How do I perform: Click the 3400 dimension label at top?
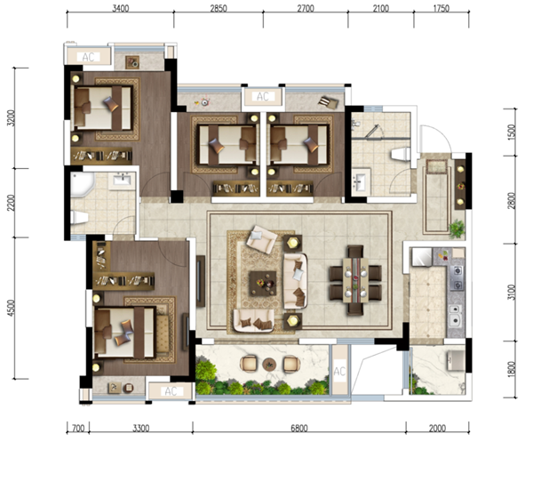coord(121,8)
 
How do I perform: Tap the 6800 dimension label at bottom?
coord(299,428)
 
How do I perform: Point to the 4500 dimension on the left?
coord(12,308)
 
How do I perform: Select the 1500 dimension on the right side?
coord(512,132)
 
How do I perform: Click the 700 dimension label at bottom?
coord(78,428)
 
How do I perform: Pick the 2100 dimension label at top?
coord(381,8)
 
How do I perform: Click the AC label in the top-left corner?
coord(88,57)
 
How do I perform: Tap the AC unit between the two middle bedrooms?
coord(263,97)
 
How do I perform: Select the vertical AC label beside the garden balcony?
coord(339,371)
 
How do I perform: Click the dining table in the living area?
coord(355,280)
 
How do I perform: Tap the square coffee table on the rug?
coord(262,283)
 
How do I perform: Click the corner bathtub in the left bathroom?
coord(83,184)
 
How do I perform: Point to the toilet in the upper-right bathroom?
coord(401,154)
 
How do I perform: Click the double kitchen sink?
coord(455,316)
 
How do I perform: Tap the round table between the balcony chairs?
coord(269,365)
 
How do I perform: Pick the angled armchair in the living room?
coord(261,239)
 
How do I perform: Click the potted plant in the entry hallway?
coord(457,229)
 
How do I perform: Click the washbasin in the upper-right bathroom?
coord(361,181)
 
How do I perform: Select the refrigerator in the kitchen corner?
coord(422,257)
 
